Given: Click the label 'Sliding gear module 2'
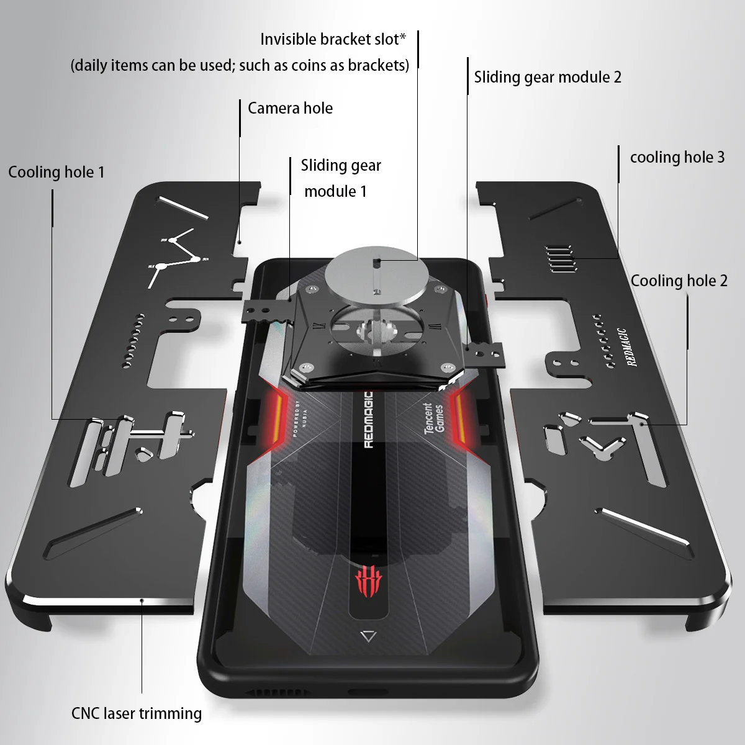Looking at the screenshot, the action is [547, 77].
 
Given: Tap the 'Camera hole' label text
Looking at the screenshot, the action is [290, 108].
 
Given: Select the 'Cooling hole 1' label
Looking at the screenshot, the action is [56, 172].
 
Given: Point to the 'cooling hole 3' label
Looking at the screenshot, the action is [677, 157].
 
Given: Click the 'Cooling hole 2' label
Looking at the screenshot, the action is [679, 281].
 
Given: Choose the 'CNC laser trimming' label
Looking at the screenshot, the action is [137, 713].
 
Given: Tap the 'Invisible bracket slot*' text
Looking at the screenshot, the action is [333, 39].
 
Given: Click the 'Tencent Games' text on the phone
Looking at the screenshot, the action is [433, 418].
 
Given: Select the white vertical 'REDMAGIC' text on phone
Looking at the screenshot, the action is [368, 419].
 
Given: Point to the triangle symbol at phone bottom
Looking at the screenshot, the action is [368, 636].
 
